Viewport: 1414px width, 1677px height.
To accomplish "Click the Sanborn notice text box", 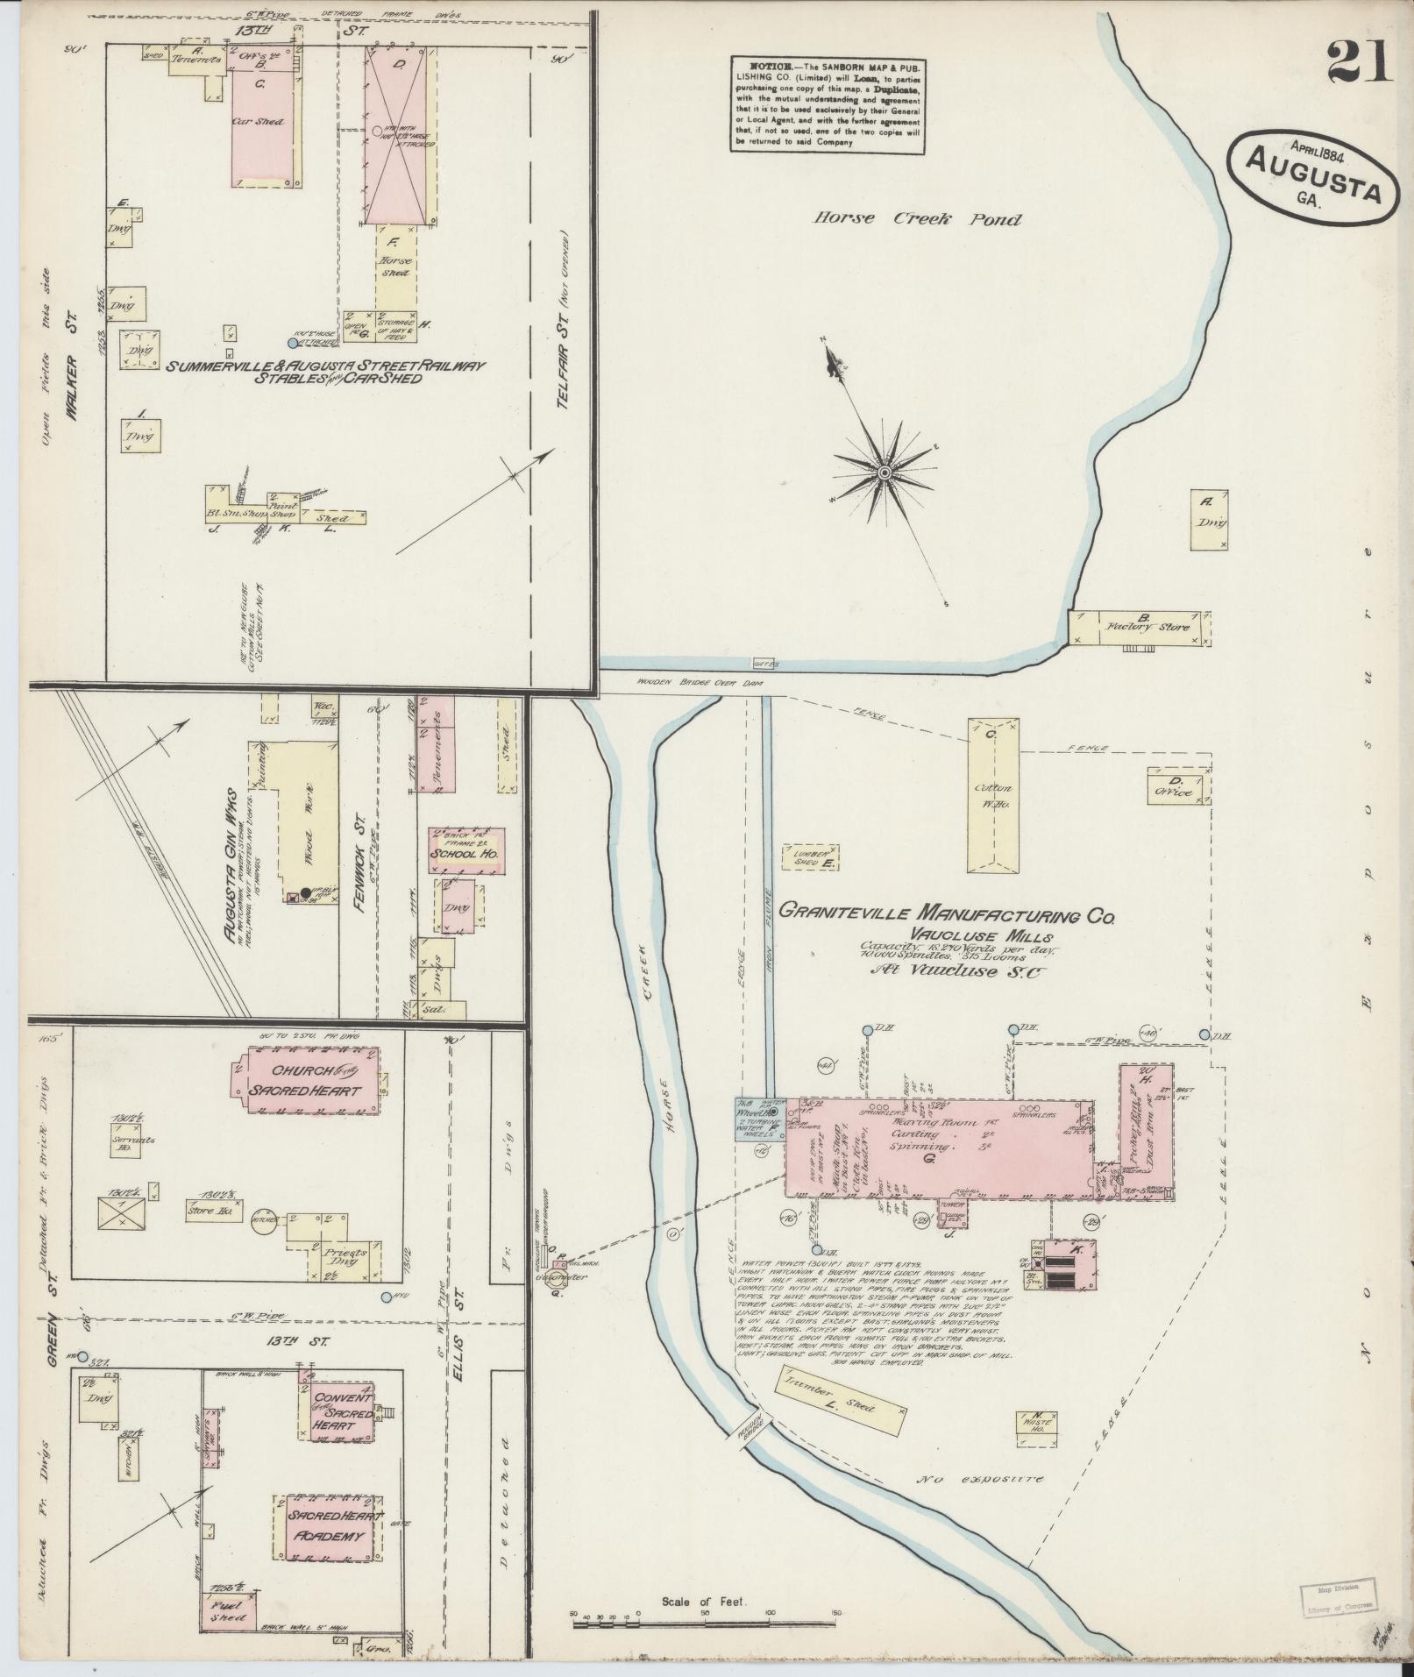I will (x=828, y=105).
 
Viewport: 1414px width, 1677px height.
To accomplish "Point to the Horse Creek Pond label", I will (x=916, y=219).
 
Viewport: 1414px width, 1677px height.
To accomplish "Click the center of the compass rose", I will (x=885, y=473).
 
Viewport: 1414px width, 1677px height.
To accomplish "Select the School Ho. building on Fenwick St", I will (x=466, y=850).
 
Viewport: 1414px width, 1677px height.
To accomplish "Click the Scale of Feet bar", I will (x=706, y=1624).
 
